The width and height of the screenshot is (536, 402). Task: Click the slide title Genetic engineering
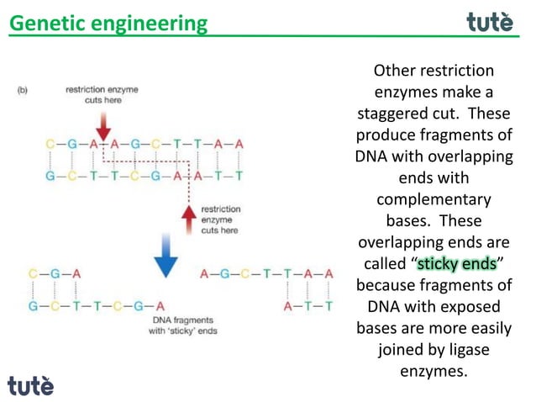pos(108,23)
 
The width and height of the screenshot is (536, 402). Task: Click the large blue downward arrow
pos(166,261)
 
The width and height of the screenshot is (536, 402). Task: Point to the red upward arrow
pos(190,218)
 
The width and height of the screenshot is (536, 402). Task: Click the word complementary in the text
pos(434,200)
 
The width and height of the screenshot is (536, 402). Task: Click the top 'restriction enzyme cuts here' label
pos(102,94)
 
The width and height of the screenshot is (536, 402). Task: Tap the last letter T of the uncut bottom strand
pos(239,177)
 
